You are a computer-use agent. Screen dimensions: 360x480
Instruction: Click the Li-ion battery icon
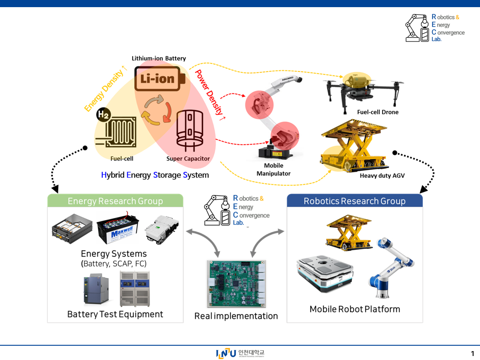coord(159,79)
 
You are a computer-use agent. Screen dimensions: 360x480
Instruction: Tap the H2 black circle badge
coord(103,115)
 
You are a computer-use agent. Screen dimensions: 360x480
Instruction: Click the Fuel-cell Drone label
coord(377,112)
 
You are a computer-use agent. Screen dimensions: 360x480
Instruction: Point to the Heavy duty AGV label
coord(382,176)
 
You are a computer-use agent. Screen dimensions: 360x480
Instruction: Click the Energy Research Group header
coord(115,201)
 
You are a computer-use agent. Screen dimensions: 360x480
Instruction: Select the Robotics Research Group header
coord(355,201)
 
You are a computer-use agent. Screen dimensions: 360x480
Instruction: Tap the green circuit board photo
coord(236,284)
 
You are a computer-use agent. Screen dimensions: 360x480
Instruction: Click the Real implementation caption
coord(236,316)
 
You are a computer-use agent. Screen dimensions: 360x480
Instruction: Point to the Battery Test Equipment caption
coord(115,314)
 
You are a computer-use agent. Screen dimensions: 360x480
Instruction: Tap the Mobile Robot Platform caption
coord(355,309)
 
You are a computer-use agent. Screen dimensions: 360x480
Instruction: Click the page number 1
coord(472,354)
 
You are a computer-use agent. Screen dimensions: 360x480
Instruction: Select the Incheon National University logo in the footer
coord(240,353)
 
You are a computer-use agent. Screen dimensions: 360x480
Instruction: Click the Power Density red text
coord(209,92)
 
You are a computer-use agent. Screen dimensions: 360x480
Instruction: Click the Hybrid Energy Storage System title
coord(155,175)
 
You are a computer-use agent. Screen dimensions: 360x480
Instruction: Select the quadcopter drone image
coord(363,91)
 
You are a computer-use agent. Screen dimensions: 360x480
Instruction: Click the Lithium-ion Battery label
coord(159,58)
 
